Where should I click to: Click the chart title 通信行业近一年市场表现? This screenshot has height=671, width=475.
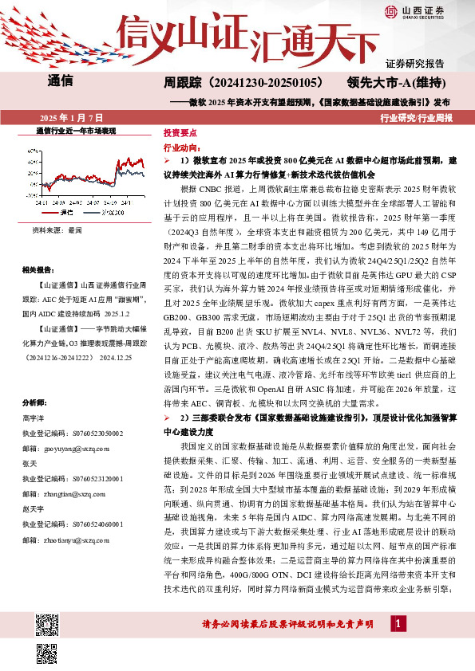click(77, 129)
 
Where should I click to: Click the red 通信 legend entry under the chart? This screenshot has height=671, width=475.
click(64, 213)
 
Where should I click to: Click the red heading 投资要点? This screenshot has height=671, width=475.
click(178, 133)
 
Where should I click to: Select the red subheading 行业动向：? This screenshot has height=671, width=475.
click(180, 148)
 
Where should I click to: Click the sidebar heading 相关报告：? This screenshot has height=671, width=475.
click(38, 269)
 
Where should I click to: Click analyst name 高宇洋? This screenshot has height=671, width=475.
click(34, 418)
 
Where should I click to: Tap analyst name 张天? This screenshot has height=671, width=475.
click(30, 464)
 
